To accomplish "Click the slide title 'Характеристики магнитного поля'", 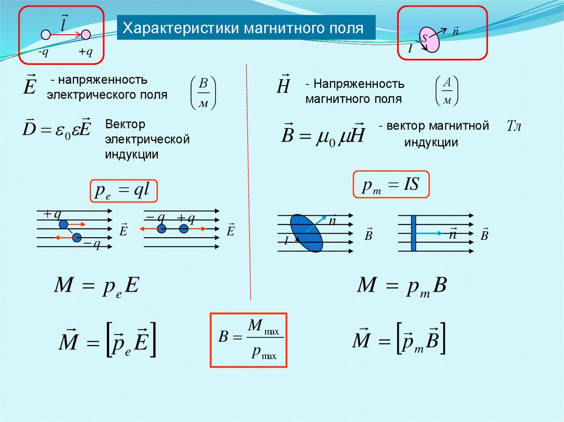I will point(243,28).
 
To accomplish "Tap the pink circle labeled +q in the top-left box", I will point(85,35).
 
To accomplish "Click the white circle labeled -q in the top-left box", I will point(46,35).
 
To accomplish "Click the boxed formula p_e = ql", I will point(124,191).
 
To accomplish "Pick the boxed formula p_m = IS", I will point(391,185).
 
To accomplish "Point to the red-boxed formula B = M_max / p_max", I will point(250,340).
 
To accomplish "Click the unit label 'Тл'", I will point(513,127).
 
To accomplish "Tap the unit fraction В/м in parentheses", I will point(203,92).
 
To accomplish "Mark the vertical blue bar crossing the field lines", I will point(413,233).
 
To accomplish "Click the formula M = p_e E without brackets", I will point(97,286).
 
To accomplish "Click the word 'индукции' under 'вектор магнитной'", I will point(432,142).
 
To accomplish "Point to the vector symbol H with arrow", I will point(284,86).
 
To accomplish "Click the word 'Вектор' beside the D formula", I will point(125,125).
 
